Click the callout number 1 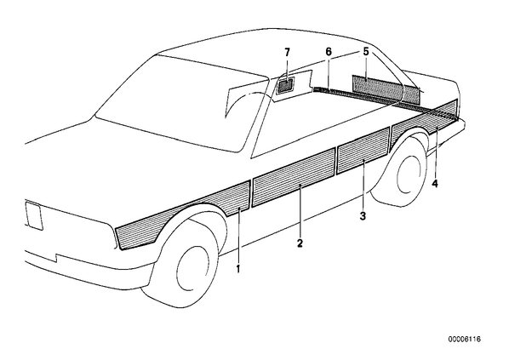(x=238, y=269)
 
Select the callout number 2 (x=300, y=243)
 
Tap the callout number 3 (x=363, y=216)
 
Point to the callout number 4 (x=435, y=184)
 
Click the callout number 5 (x=366, y=52)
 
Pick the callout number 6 (x=329, y=52)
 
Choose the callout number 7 (x=288, y=52)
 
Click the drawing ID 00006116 (x=465, y=340)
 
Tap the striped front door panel (x=294, y=177)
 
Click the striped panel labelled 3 (x=363, y=151)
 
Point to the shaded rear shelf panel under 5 (x=386, y=89)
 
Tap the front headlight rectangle (x=33, y=216)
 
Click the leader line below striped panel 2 (x=300, y=211)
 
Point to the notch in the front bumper (x=56, y=257)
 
